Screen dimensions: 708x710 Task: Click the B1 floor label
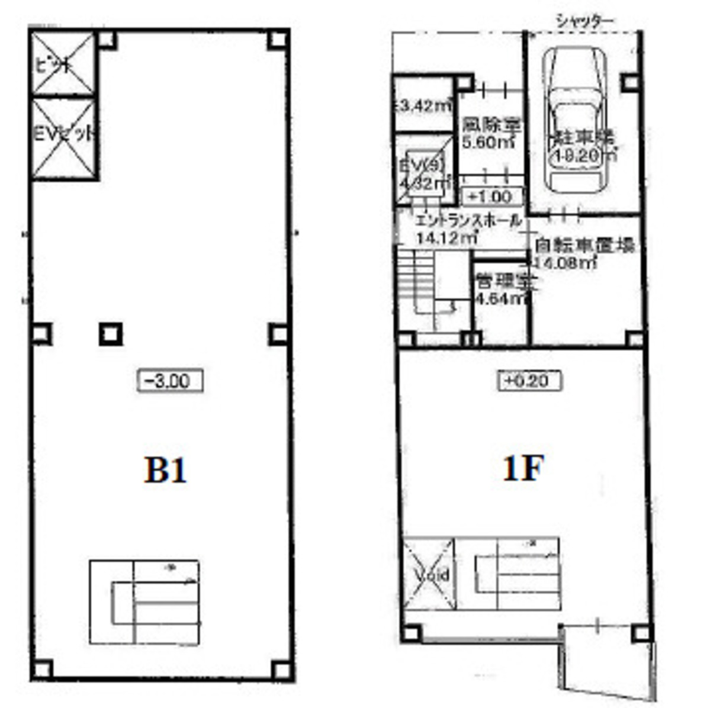point(165,471)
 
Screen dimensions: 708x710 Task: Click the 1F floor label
point(522,469)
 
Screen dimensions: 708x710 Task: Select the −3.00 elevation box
point(171,381)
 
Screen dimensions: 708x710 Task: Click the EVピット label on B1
point(64,135)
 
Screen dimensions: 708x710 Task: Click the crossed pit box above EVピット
point(63,64)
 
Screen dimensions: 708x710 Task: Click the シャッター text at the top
point(584,21)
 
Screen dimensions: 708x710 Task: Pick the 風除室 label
point(491,125)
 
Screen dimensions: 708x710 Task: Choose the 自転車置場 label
point(584,245)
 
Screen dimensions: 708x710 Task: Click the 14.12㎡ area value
point(447,239)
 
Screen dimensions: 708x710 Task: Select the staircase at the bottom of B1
point(144,601)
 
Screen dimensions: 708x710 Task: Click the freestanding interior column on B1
point(110,334)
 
